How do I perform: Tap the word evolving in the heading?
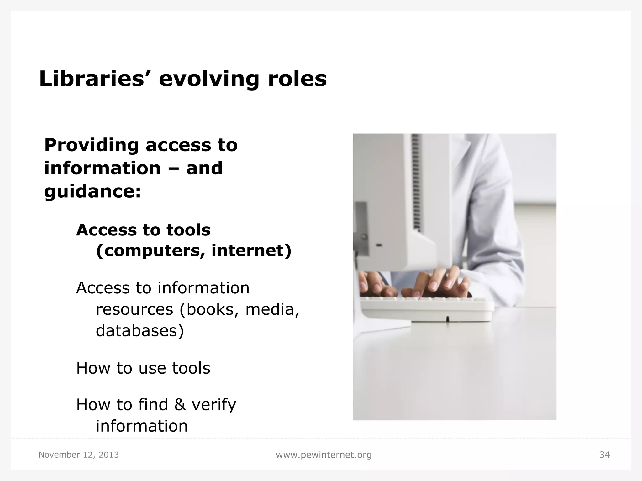(209, 79)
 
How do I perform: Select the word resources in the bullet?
(134, 309)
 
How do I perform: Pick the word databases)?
(140, 331)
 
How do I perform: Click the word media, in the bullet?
(272, 309)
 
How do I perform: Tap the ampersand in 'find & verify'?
(180, 405)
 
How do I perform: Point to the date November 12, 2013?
(79, 455)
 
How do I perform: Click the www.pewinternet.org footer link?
(324, 455)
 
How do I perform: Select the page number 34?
(604, 455)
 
